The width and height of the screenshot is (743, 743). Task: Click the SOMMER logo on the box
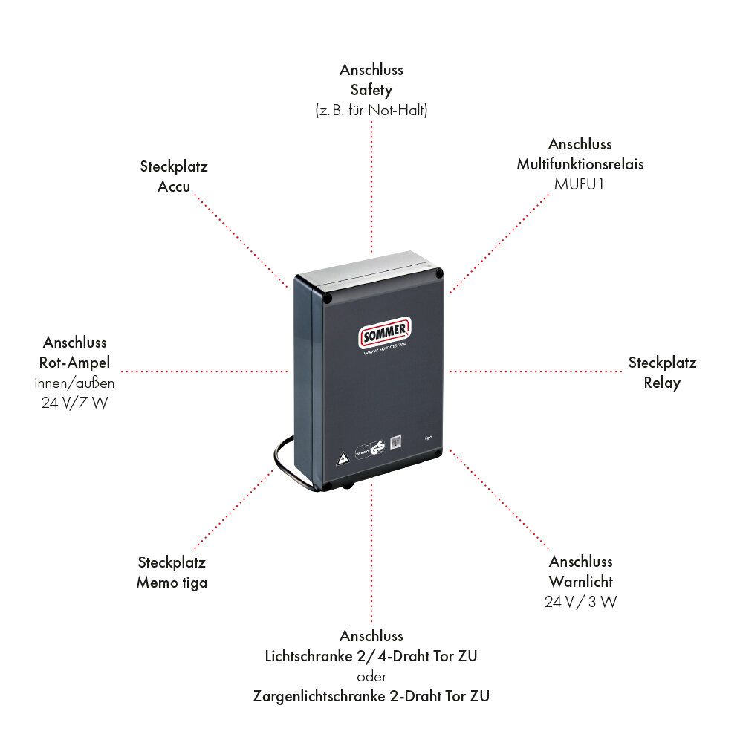point(385,332)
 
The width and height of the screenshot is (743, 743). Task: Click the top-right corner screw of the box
point(439,273)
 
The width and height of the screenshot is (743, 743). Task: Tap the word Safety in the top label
point(371,90)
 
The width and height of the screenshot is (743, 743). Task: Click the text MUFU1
point(580,184)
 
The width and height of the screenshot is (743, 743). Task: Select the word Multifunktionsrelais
point(580,164)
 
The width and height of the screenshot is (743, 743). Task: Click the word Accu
point(173,186)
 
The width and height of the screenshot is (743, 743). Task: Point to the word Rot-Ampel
point(74,363)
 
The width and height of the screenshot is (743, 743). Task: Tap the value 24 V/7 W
point(74,404)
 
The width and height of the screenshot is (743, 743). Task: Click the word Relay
point(662,383)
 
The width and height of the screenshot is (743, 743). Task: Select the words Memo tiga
point(172,583)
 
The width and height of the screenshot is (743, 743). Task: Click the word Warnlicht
point(581,581)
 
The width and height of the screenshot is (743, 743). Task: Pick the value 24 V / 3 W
point(580,602)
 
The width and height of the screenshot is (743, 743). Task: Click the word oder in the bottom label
point(371,676)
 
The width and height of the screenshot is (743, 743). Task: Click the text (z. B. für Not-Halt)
point(371,110)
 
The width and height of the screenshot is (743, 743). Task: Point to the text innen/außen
point(74,383)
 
